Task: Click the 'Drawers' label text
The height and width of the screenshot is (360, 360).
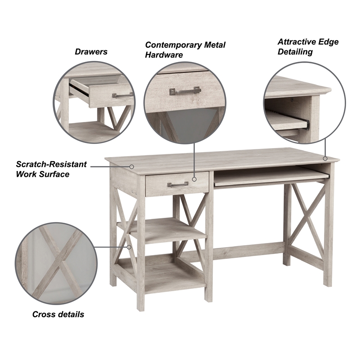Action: pyautogui.click(x=91, y=52)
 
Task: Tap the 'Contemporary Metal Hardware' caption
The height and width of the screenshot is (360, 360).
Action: pyautogui.click(x=185, y=50)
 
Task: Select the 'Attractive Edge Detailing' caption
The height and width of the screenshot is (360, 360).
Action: pyautogui.click(x=308, y=47)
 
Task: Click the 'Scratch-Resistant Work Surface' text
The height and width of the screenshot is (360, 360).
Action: pyautogui.click(x=51, y=169)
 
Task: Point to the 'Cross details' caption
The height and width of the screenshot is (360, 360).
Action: pyautogui.click(x=58, y=314)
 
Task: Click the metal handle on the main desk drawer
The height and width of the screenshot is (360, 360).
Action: pyautogui.click(x=178, y=184)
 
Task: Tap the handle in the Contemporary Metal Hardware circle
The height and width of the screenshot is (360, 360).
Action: pyautogui.click(x=184, y=91)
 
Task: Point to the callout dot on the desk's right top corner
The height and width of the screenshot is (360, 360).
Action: pyautogui.click(x=325, y=158)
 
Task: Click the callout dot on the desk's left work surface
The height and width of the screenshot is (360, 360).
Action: pyautogui.click(x=132, y=166)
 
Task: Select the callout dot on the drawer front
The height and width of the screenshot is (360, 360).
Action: pyautogui.click(x=194, y=179)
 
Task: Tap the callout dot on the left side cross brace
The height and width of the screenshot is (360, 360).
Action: pyautogui.click(x=130, y=247)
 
